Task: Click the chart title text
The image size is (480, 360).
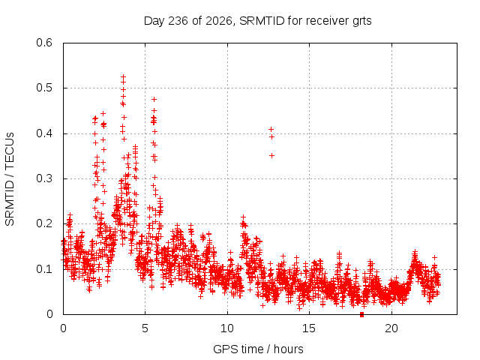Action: pos(257,21)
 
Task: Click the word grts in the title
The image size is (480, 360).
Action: pos(361,22)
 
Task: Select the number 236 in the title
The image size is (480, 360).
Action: pos(178,21)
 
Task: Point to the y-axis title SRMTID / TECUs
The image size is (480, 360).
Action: pos(10,179)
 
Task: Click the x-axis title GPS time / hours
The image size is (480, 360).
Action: pos(258,349)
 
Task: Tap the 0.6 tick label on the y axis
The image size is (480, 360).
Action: pos(44,43)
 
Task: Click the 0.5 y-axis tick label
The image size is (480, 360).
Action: pos(44,88)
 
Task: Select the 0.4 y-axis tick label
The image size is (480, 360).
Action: pos(44,133)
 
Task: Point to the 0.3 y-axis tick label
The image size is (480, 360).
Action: pos(44,178)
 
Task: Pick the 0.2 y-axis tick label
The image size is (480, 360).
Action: pos(44,223)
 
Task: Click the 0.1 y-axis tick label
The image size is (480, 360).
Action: pos(44,269)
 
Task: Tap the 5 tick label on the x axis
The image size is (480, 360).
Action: pos(145,328)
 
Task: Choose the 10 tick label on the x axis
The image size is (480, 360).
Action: pos(227,328)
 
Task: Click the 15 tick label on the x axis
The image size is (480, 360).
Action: pos(309,328)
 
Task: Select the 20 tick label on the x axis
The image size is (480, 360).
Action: pos(391,328)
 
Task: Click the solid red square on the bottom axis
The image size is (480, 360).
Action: pos(361,315)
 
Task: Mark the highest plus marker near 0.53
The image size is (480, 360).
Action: pos(123,76)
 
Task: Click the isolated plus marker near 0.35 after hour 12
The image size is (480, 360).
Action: pos(271,156)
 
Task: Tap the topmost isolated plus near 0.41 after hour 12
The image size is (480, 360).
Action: pos(271,130)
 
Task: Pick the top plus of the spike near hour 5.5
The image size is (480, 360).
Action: pos(154,99)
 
